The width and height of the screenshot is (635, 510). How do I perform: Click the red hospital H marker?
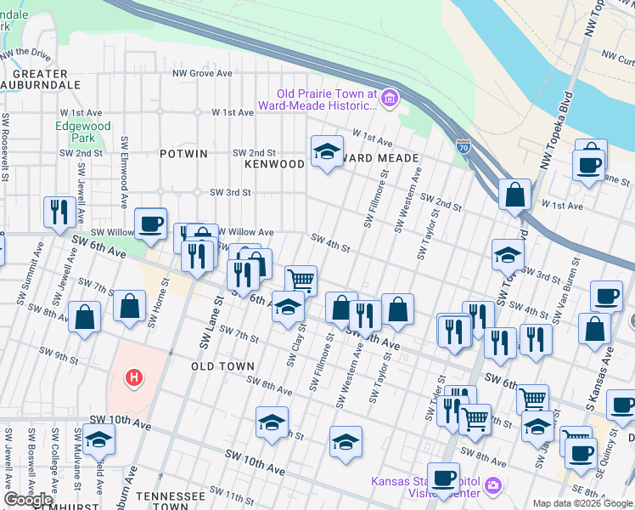[x=132, y=377]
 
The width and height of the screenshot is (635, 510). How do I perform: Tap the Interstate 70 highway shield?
[x=464, y=147]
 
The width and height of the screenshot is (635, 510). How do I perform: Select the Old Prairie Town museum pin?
[x=390, y=100]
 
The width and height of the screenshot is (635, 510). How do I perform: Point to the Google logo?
[x=28, y=500]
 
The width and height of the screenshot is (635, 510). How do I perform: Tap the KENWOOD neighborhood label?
[x=274, y=162]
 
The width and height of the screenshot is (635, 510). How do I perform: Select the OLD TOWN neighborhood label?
[x=222, y=365]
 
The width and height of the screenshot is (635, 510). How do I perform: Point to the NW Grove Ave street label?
[x=202, y=74]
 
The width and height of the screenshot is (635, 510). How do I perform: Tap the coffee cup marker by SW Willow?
[x=150, y=224]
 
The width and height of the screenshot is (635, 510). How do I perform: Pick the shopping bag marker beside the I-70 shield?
[x=514, y=195]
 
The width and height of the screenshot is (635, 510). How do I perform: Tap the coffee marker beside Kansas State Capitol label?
[x=442, y=478]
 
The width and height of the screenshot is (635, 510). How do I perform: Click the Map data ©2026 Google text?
[x=582, y=502]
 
